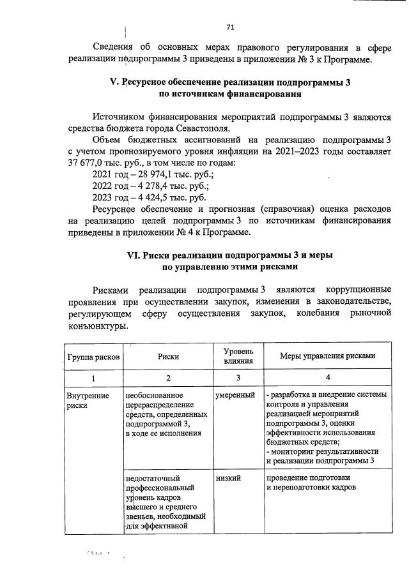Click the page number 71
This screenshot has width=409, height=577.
tap(231, 27)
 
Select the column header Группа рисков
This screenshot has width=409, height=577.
tap(93, 357)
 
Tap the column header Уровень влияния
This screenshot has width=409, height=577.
tap(238, 357)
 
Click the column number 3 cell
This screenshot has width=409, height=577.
tap(238, 378)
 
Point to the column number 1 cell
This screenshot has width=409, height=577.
tap(93, 378)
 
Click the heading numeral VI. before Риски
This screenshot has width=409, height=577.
tap(134, 255)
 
